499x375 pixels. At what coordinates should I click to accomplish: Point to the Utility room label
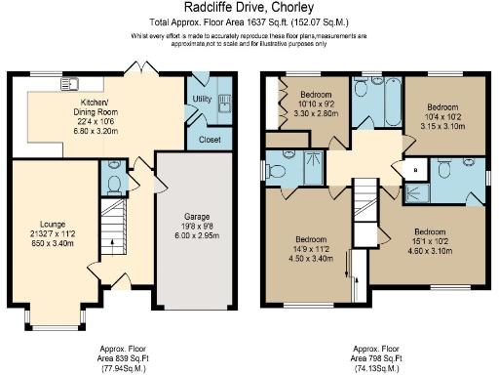click(202, 99)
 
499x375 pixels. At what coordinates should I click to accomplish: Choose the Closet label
click(209, 140)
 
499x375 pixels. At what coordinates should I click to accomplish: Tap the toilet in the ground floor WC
click(112, 184)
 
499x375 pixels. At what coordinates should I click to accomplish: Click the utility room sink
click(223, 101)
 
